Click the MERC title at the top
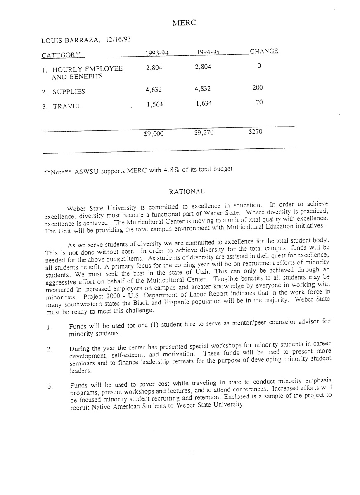click(183, 23)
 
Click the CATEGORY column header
click(61, 55)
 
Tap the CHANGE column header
click(264, 51)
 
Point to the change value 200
click(258, 87)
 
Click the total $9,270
click(204, 133)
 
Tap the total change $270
click(255, 132)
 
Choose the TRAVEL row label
click(67, 106)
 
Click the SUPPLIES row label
click(69, 92)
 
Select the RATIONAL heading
click(187, 191)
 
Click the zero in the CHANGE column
click(258, 66)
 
